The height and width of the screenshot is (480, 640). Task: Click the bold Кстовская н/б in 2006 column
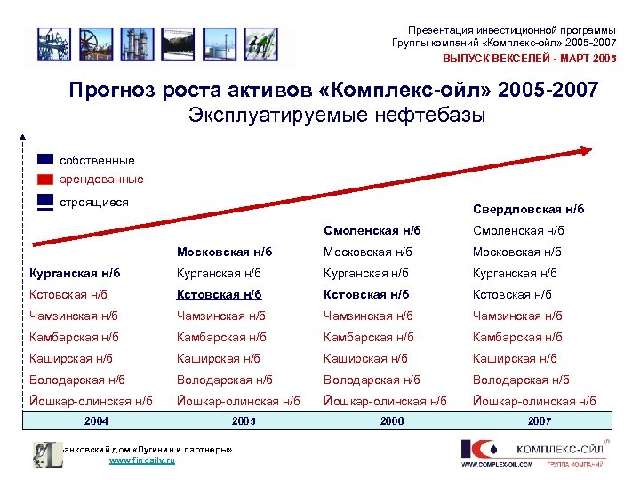(x=366, y=294)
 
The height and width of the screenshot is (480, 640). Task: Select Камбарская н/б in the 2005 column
(x=221, y=337)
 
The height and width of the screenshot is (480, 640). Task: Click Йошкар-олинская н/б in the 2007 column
(x=534, y=401)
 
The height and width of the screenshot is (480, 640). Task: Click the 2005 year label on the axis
(x=243, y=420)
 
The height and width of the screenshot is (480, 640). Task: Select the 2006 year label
(x=391, y=420)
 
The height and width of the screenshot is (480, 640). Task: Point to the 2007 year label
(x=540, y=420)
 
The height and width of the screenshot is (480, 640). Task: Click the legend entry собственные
(x=97, y=161)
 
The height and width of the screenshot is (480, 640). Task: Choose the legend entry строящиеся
(x=93, y=202)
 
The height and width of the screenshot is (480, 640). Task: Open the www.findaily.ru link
(x=142, y=461)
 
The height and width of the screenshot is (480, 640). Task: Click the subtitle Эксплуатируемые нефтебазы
(x=337, y=116)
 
